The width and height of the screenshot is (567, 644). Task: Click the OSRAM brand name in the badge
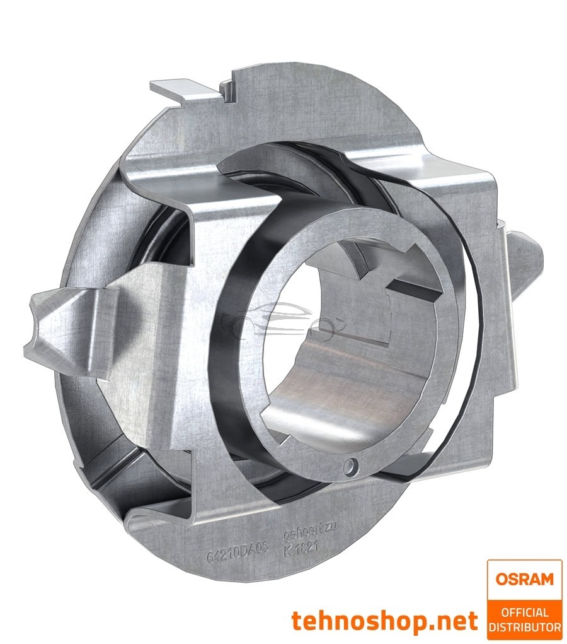[524, 578]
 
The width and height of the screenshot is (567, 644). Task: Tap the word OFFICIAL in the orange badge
[524, 612]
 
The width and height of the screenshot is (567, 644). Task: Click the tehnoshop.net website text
[384, 621]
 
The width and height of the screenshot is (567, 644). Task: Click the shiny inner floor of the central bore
[328, 404]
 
